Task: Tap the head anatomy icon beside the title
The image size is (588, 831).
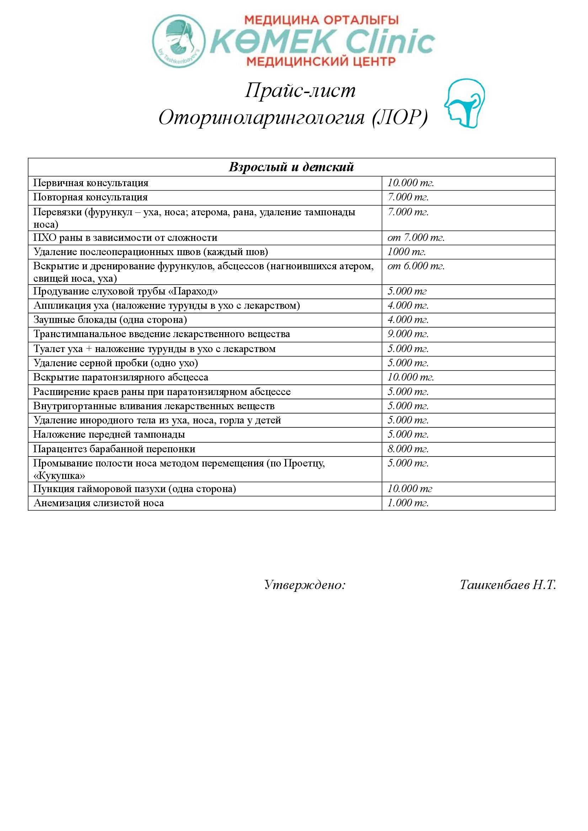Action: click(465, 104)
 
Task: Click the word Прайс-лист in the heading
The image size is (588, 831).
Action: click(300, 91)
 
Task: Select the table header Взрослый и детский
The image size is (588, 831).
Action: click(291, 167)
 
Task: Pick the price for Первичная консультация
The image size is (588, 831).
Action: click(411, 183)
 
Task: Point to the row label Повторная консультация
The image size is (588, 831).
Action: click(91, 197)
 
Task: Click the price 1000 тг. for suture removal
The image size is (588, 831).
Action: click(406, 252)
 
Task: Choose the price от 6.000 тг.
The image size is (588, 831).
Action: click(416, 266)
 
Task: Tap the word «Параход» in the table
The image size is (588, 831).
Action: click(194, 291)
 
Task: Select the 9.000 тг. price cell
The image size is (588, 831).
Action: click(408, 334)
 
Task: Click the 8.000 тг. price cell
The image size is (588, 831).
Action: click(408, 449)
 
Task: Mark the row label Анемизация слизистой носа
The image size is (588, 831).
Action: click(98, 503)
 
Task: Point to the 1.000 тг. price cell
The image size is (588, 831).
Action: click(408, 503)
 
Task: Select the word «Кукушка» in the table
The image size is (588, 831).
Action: click(59, 476)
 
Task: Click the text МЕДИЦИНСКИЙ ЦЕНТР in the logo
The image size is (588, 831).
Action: click(321, 61)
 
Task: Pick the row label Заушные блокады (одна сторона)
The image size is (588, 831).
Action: click(110, 320)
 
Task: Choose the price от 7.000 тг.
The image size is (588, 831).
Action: click(416, 237)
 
